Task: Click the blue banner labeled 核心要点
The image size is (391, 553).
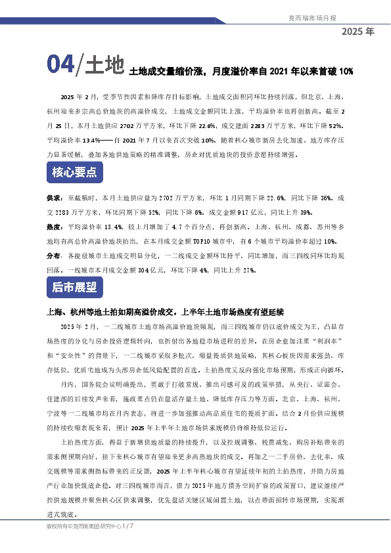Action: click(74, 173)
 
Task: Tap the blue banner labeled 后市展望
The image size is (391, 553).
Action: click(74, 287)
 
